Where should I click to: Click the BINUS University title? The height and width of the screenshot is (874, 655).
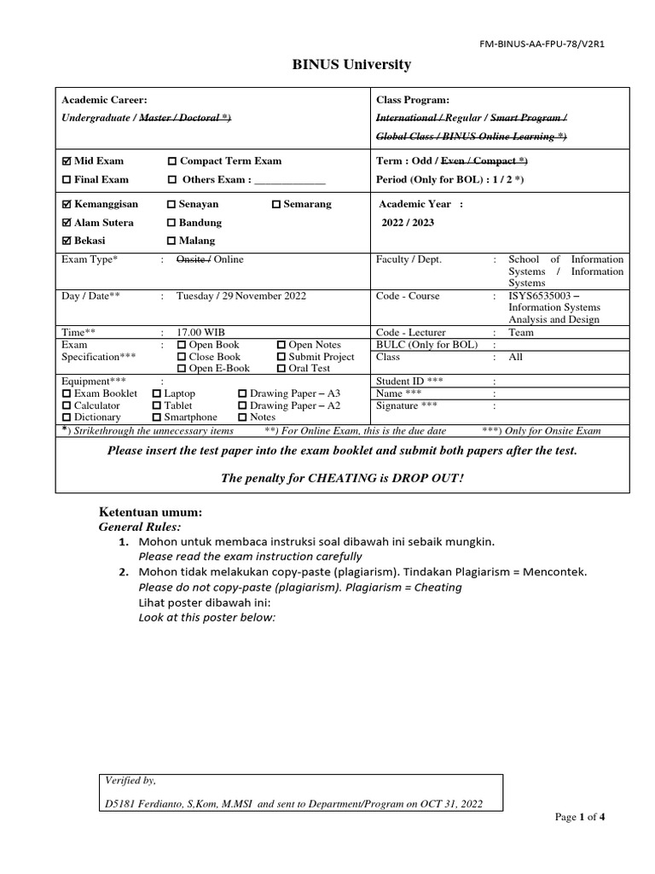coord(339,65)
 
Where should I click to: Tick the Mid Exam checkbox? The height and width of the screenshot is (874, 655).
coord(67,161)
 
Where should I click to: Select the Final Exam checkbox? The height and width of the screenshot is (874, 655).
coord(67,180)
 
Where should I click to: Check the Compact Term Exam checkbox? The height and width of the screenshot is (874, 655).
coord(172,161)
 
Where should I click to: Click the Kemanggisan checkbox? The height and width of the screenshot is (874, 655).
coord(67,205)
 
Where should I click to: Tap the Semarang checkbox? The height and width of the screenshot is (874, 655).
coord(276,205)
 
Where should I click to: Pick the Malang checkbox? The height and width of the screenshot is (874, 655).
coord(172,242)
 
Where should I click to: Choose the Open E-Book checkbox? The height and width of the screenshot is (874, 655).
coord(181,369)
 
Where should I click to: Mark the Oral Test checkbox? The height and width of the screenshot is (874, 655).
coord(281,369)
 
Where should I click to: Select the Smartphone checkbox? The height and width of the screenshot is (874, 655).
coord(156,418)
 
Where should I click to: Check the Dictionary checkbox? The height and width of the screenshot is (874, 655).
coord(67,418)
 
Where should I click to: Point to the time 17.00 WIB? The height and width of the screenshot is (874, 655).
coord(201,332)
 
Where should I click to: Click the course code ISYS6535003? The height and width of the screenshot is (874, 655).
coord(542,296)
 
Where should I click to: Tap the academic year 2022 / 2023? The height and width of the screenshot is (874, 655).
coord(408,223)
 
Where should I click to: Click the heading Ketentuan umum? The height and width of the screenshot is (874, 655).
coord(151,512)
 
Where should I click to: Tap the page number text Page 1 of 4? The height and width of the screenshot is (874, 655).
coord(580,817)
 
